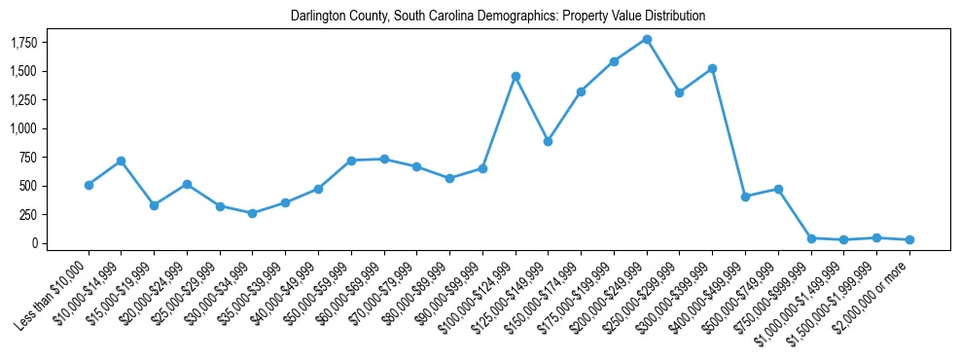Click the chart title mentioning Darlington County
[x=497, y=16]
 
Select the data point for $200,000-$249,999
[x=647, y=40]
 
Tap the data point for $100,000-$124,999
[x=516, y=76]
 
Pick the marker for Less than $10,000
[x=89, y=185]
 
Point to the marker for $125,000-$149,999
[x=549, y=141]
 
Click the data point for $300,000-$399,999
[x=712, y=68]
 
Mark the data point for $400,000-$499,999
[x=745, y=197]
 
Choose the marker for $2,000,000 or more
[x=909, y=239]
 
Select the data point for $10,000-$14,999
[x=122, y=161]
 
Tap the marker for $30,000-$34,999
[x=253, y=213]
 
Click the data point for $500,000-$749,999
[x=778, y=189]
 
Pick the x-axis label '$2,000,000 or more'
[x=875, y=294]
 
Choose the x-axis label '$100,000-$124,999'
[x=481, y=295]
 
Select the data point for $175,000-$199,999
[x=614, y=61]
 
